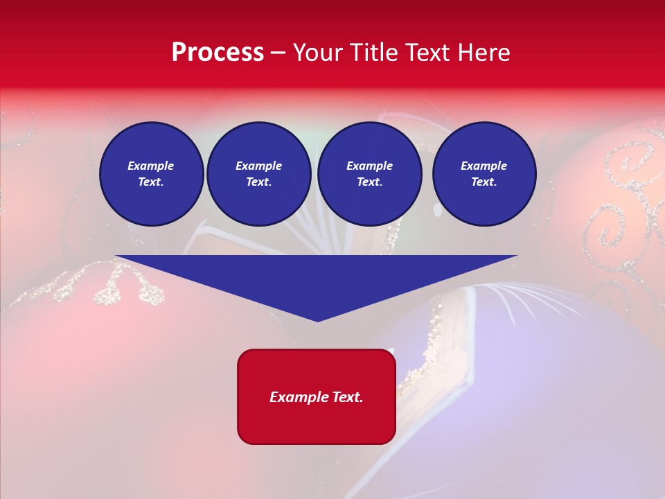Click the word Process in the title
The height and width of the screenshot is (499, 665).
[x=218, y=53]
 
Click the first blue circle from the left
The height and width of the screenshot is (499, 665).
[x=151, y=173]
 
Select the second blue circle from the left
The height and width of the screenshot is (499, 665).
[x=258, y=173]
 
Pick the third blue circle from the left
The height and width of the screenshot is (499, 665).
[x=369, y=173]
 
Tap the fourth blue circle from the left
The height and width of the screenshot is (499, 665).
[x=484, y=173]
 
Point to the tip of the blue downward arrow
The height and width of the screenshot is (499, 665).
[x=318, y=320]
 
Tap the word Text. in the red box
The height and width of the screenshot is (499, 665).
[x=348, y=397]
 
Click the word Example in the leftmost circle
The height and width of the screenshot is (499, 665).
[x=151, y=166]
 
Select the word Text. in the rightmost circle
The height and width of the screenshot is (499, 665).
[x=484, y=182]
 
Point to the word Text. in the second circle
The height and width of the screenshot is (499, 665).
[x=258, y=182]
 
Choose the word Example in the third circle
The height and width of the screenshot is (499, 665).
[x=369, y=166]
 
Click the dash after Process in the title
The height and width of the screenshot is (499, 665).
[x=278, y=53]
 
